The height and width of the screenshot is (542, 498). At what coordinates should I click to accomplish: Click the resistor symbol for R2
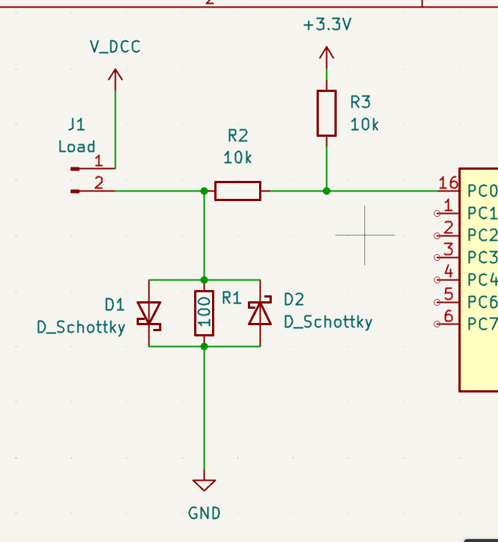point(237,191)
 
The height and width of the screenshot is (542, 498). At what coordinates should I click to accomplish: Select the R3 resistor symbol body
point(326,113)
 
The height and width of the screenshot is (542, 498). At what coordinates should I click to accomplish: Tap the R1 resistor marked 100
point(204,312)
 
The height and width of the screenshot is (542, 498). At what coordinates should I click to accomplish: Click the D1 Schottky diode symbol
point(150,313)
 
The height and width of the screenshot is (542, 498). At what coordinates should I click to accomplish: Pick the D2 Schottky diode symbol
point(260,312)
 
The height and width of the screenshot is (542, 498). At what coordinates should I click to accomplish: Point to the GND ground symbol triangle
point(204,485)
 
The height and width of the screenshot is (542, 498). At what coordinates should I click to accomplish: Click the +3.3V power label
point(327,25)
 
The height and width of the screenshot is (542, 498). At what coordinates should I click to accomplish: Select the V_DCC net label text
point(115,46)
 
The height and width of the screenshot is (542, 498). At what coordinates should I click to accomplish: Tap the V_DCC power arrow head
point(115,74)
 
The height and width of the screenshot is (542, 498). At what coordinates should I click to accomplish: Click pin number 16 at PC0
point(448,183)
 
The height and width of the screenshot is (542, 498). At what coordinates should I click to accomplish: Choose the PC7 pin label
point(482,324)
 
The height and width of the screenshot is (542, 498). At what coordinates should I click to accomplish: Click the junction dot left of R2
point(204,191)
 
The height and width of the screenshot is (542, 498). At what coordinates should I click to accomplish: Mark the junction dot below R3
point(326,191)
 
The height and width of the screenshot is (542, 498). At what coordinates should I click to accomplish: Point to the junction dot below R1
point(204,346)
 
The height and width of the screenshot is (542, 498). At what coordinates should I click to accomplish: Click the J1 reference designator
point(76,124)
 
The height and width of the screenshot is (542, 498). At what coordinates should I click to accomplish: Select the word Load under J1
point(77,147)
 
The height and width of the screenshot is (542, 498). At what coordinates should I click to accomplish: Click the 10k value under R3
point(364,125)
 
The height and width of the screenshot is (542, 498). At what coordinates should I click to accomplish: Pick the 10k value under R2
point(237,158)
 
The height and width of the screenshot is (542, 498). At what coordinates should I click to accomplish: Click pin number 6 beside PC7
point(448,316)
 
